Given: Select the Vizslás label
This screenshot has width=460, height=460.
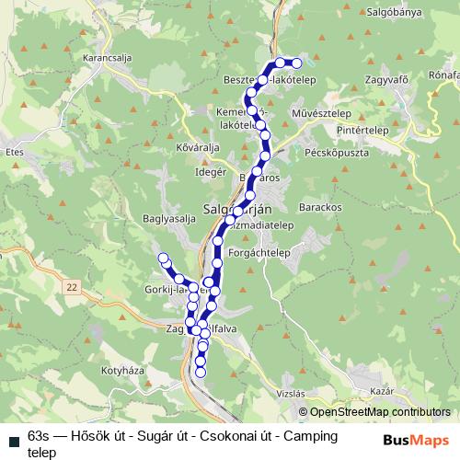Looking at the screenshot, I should point(290,392).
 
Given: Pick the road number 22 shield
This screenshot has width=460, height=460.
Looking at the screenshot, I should point(72,287).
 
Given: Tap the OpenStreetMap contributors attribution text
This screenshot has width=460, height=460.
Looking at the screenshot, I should point(380,412).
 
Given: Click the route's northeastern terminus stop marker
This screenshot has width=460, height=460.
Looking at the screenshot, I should point(296,63).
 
